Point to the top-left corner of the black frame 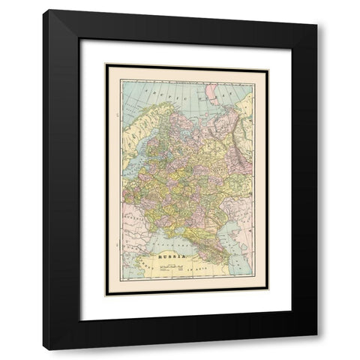(43, 10)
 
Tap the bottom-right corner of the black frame (316, 349)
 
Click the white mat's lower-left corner (81, 320)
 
